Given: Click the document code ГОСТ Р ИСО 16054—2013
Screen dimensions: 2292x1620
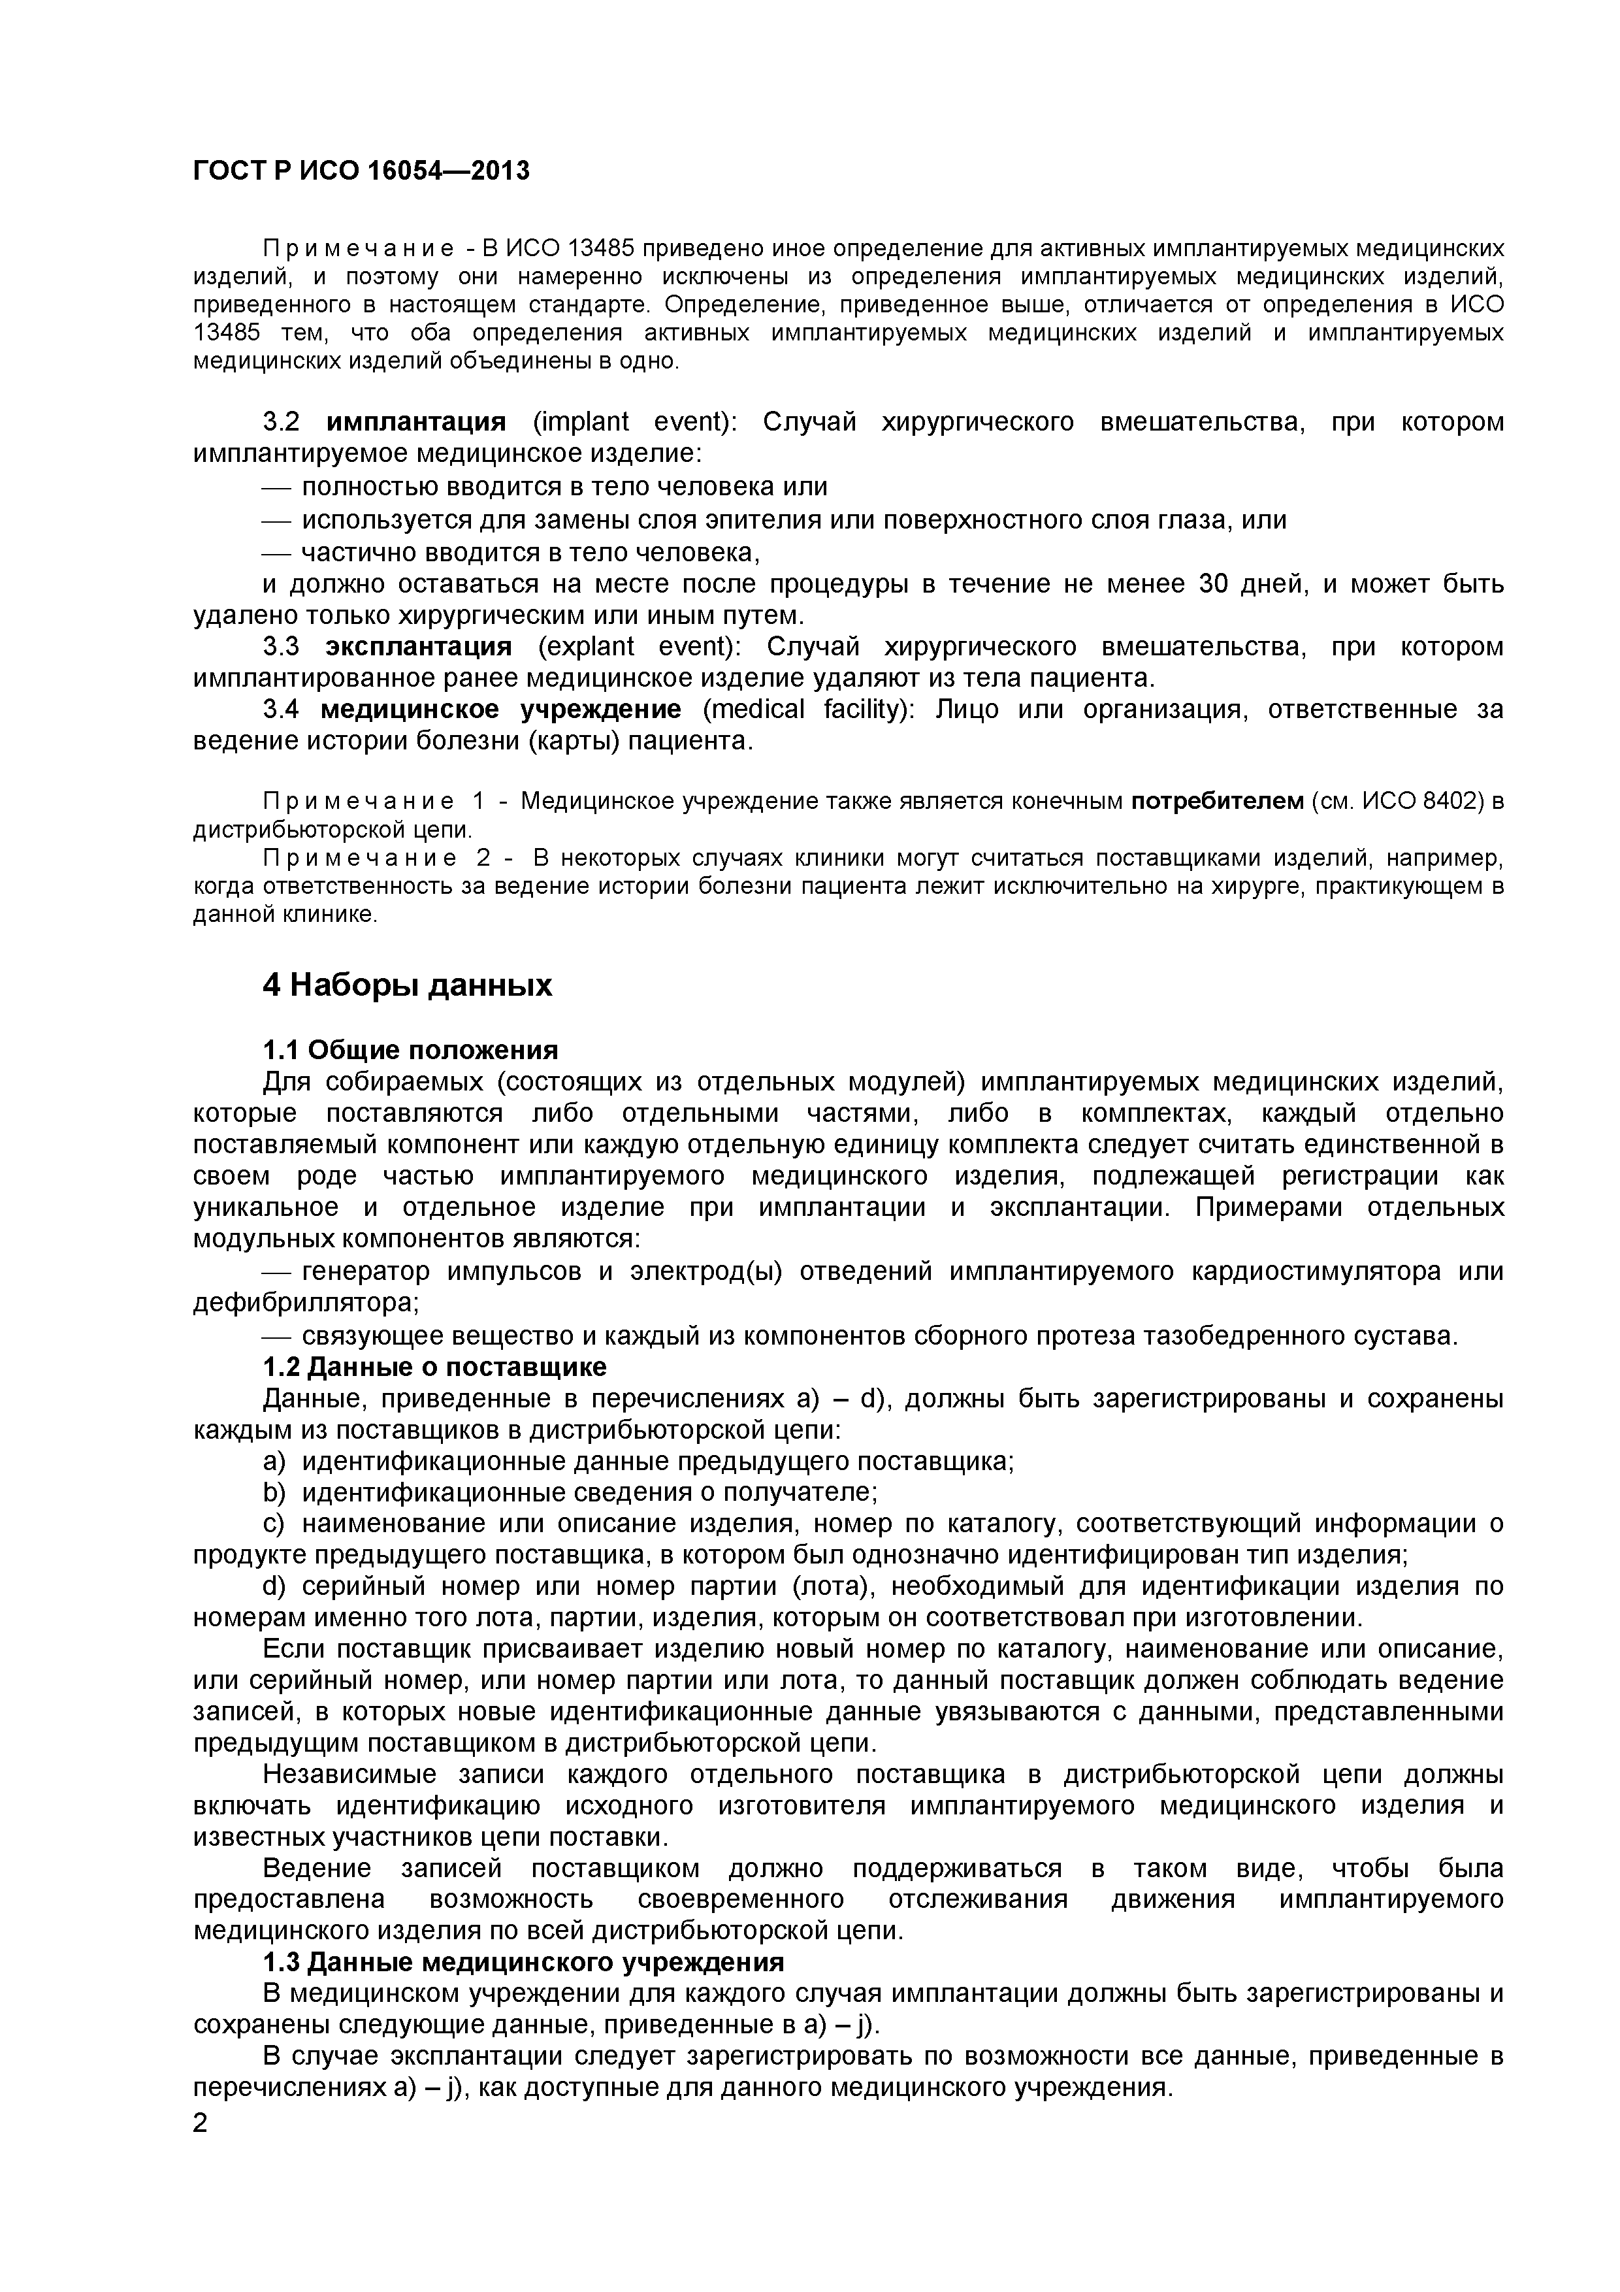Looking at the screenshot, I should (x=361, y=172).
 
